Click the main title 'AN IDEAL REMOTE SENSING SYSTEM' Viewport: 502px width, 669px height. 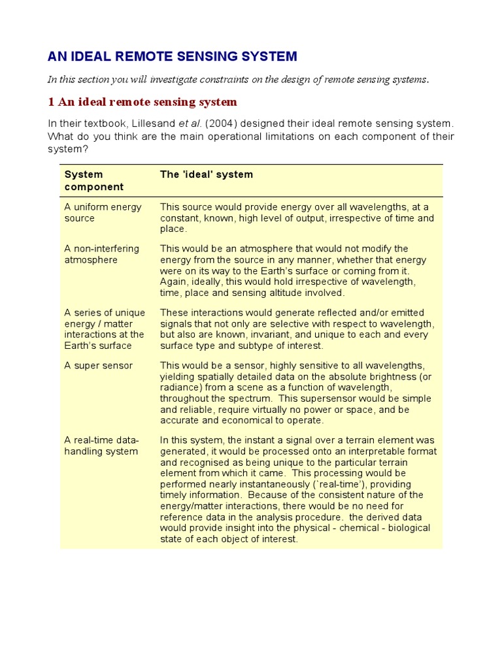172,56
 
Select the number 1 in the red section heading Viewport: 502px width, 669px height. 50,102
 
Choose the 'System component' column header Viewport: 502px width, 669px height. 93,180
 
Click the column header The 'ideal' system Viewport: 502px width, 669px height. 207,174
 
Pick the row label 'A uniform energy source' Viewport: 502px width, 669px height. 103,212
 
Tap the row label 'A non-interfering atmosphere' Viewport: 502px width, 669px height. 101,254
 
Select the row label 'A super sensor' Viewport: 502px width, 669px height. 98,365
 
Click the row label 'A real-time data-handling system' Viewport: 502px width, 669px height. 101,446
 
